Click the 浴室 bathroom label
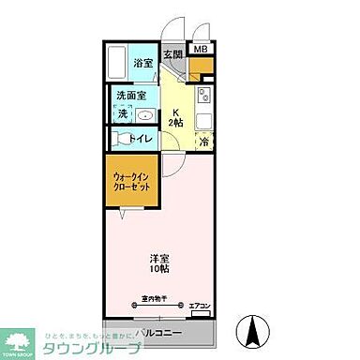click(x=142, y=63)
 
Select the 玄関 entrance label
click(x=172, y=55)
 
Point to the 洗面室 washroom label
click(x=130, y=95)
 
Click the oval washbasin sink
click(x=145, y=114)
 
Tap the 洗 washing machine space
click(x=122, y=113)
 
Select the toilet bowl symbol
click(x=119, y=139)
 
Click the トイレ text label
click(x=142, y=139)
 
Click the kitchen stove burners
click(x=203, y=96)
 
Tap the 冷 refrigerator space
click(x=203, y=142)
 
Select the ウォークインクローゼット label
click(x=130, y=180)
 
